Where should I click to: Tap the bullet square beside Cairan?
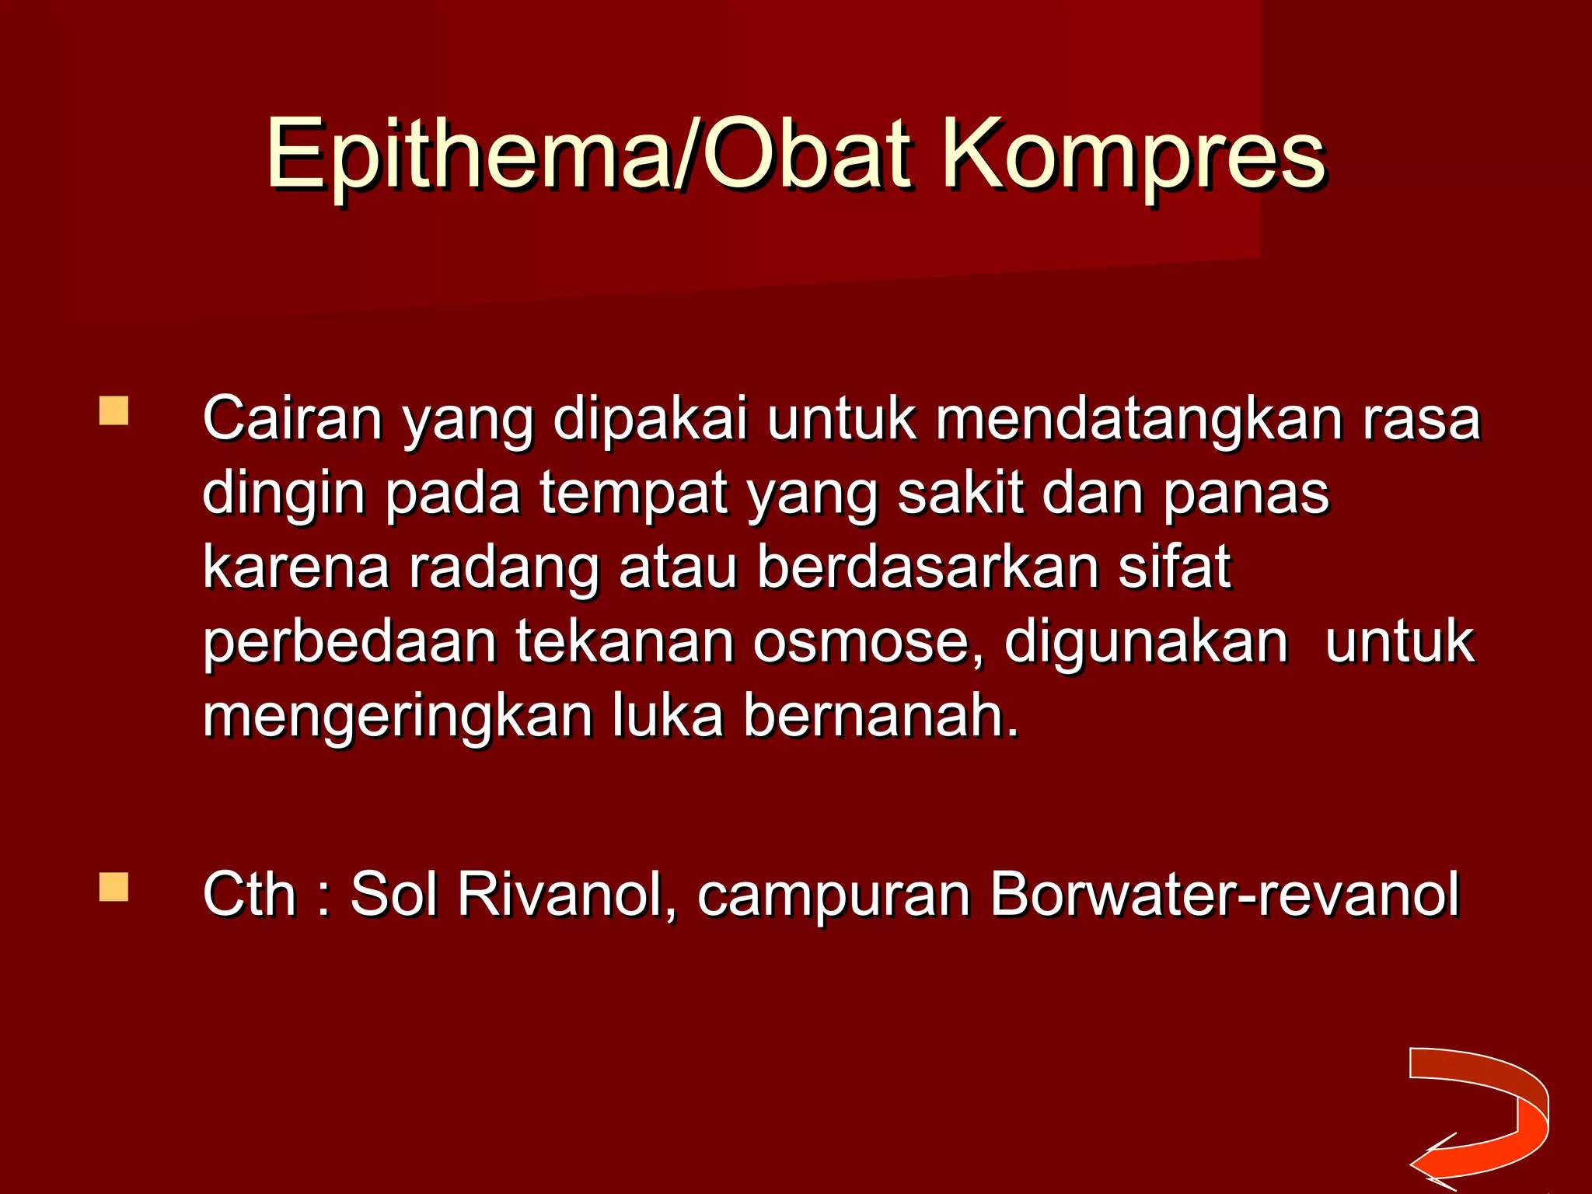[113, 411]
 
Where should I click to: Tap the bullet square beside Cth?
[113, 887]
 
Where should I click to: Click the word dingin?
[283, 494]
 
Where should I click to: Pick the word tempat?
[634, 494]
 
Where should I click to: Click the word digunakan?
[1146, 644]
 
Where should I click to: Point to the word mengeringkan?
[397, 717]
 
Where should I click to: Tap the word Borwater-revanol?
[1224, 895]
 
